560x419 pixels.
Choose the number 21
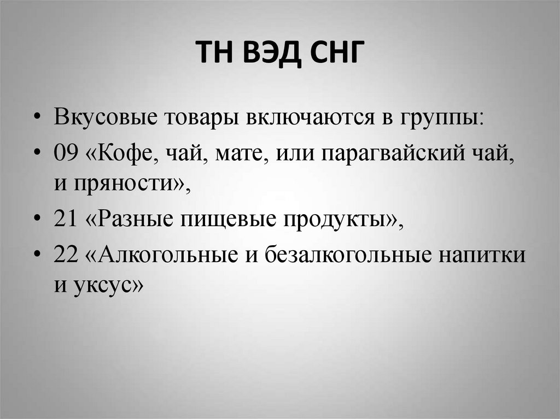pos(66,220)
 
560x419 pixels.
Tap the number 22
pos(66,254)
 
